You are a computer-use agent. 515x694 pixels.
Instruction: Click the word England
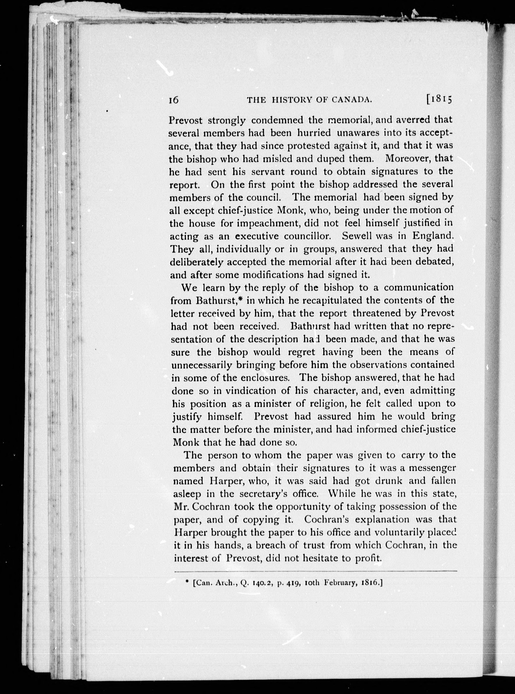coord(433,236)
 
